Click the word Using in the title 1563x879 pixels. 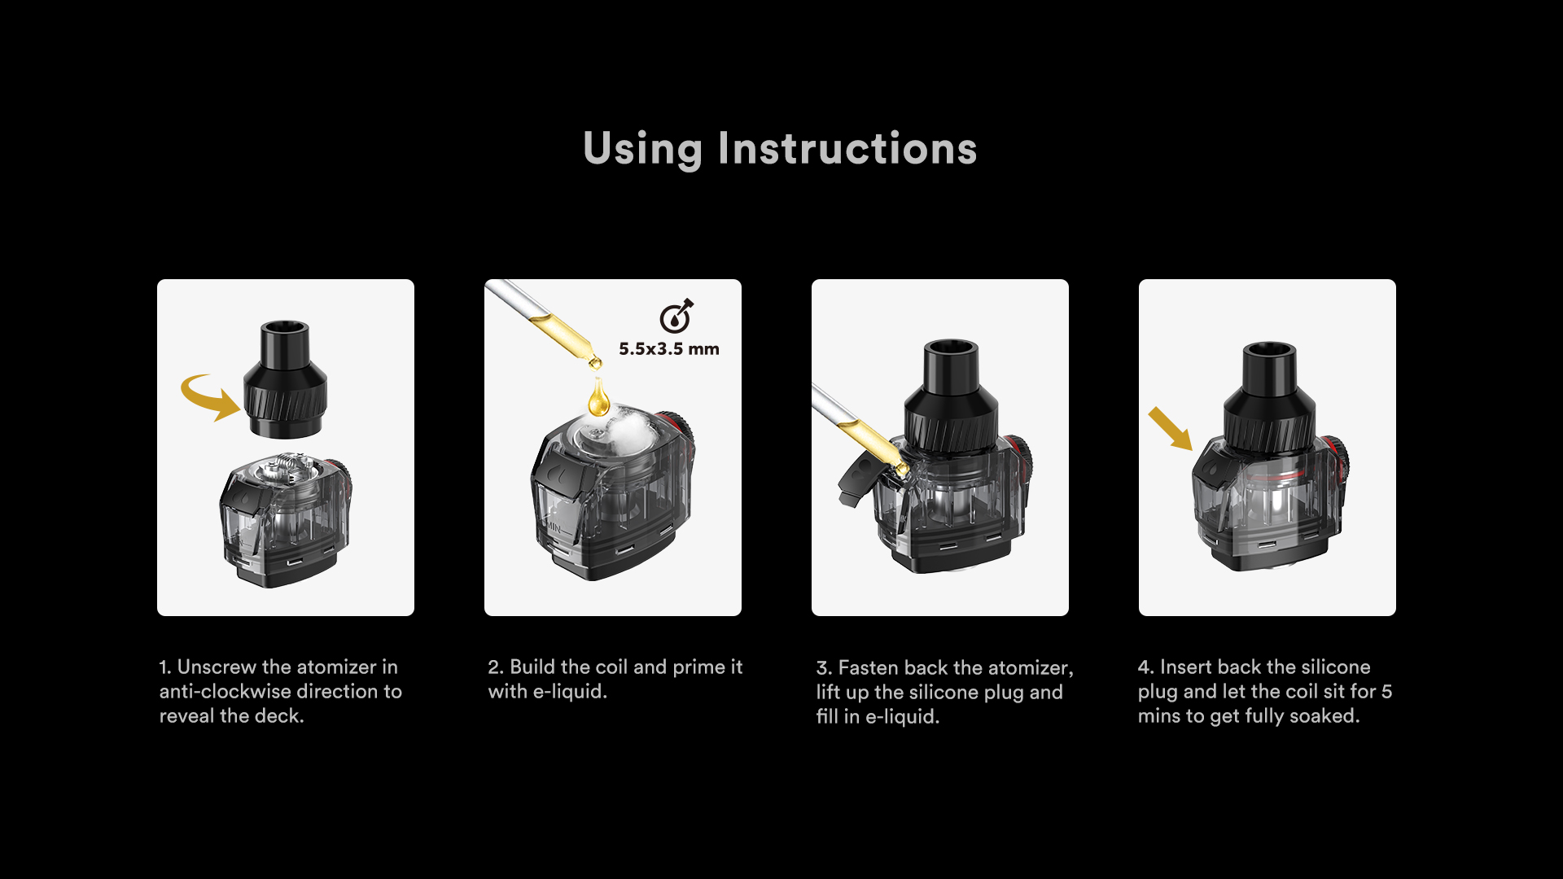[642, 149]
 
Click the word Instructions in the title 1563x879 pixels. [847, 148]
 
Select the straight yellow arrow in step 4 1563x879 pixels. [1170, 428]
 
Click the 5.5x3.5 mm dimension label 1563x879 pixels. [669, 349]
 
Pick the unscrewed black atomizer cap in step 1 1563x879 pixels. [285, 378]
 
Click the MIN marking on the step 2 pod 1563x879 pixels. [554, 527]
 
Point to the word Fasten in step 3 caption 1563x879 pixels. [868, 668]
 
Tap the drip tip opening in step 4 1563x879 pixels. [1269, 351]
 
